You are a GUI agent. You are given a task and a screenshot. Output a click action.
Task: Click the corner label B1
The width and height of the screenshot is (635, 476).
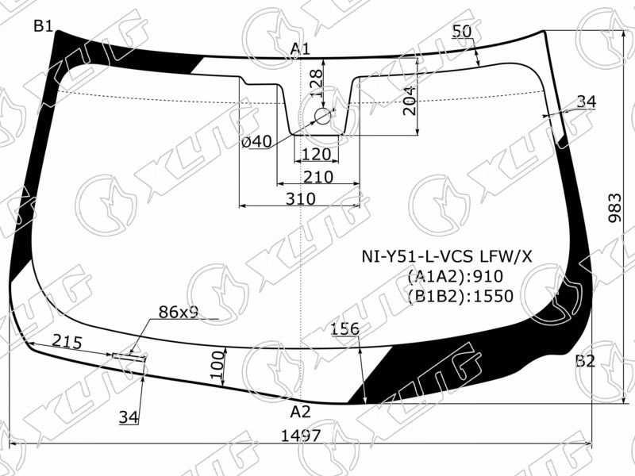point(44,27)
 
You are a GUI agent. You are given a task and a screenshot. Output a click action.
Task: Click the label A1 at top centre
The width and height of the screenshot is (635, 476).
point(300,49)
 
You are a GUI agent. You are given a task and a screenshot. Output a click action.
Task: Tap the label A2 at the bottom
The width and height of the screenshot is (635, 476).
point(300,412)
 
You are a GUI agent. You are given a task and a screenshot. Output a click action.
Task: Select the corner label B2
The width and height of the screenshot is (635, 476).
point(585,361)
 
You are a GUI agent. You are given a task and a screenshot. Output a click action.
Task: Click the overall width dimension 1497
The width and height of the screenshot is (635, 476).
point(301,436)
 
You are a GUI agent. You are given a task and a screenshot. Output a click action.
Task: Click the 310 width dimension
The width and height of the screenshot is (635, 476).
point(301,199)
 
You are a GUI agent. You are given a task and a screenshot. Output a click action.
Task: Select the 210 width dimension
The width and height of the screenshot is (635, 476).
point(318,177)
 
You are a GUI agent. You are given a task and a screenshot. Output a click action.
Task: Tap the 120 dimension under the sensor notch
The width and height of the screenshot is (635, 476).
point(316,154)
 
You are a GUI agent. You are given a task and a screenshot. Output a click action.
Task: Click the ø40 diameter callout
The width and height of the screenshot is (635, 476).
point(256,142)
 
